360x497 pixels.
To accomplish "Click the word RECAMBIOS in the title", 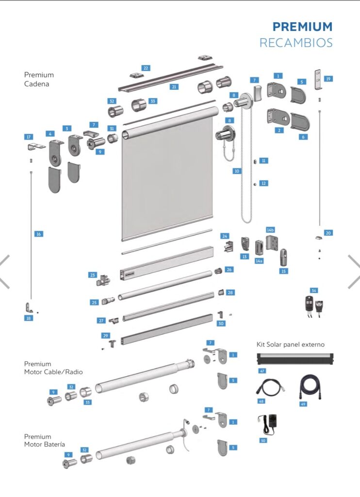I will click(296, 43).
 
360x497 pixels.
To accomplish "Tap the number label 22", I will click(146, 67).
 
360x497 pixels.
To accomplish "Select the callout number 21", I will click(174, 87).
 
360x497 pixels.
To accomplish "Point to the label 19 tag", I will click(328, 79).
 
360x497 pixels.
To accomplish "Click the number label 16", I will click(38, 234).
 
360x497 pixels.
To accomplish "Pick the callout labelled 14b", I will click(270, 230).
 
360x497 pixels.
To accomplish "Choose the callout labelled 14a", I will click(259, 261).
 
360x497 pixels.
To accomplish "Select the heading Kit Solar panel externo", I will click(290, 344).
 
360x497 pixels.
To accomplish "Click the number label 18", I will click(29, 318).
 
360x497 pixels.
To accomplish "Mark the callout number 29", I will click(106, 336).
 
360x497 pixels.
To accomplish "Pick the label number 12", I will click(263, 183).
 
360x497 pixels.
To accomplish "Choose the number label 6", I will click(303, 137).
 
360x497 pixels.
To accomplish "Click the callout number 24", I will click(225, 236).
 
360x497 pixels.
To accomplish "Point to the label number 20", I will click(328, 233).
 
